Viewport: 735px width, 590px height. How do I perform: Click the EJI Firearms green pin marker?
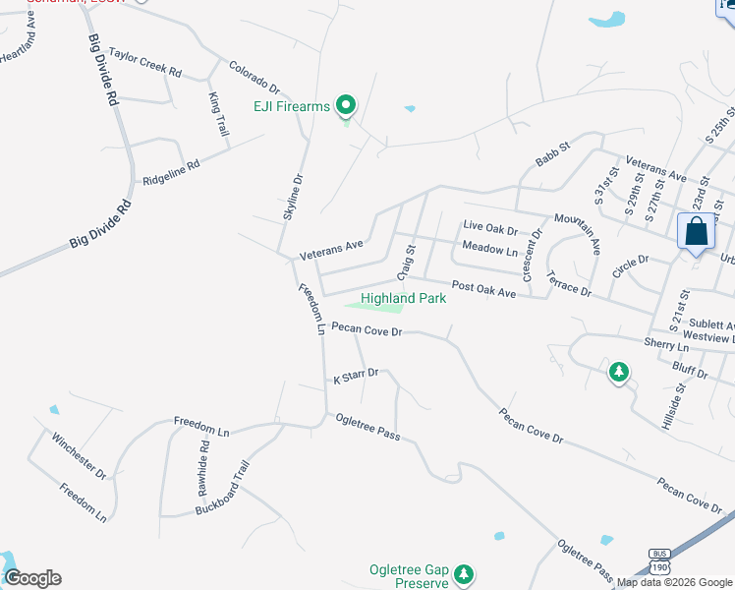tap(345, 103)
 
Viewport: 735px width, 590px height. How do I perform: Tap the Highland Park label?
tap(404, 298)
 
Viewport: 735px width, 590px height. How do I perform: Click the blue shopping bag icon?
tap(696, 233)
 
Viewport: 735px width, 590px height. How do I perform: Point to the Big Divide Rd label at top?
tap(102, 71)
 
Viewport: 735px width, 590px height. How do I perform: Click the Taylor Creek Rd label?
tap(145, 65)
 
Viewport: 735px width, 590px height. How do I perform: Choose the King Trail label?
tap(217, 114)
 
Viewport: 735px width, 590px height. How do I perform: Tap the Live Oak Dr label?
tap(489, 229)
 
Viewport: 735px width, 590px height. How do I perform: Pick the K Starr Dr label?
tap(356, 376)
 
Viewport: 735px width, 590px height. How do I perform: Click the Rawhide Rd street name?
tap(203, 459)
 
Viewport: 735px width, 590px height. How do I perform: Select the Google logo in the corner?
tap(31, 578)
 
